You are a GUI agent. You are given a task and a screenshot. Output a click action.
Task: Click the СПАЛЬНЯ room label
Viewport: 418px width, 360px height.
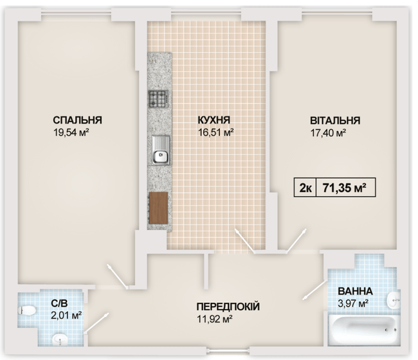pos(78,120)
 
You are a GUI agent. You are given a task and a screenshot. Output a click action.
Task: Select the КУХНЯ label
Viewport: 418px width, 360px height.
pos(214,120)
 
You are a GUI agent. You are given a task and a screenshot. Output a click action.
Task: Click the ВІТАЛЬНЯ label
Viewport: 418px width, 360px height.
pos(334,120)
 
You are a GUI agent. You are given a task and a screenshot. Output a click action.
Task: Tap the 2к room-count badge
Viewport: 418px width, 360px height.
pos(305,188)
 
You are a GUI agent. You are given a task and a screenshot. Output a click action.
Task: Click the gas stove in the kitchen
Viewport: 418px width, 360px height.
pos(158,98)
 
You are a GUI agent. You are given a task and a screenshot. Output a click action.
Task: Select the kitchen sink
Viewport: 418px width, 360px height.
pos(159,152)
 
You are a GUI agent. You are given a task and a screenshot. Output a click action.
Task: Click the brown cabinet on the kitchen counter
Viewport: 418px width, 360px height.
pos(158,207)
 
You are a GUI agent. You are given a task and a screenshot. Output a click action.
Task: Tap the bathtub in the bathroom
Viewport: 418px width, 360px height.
pos(363,329)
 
